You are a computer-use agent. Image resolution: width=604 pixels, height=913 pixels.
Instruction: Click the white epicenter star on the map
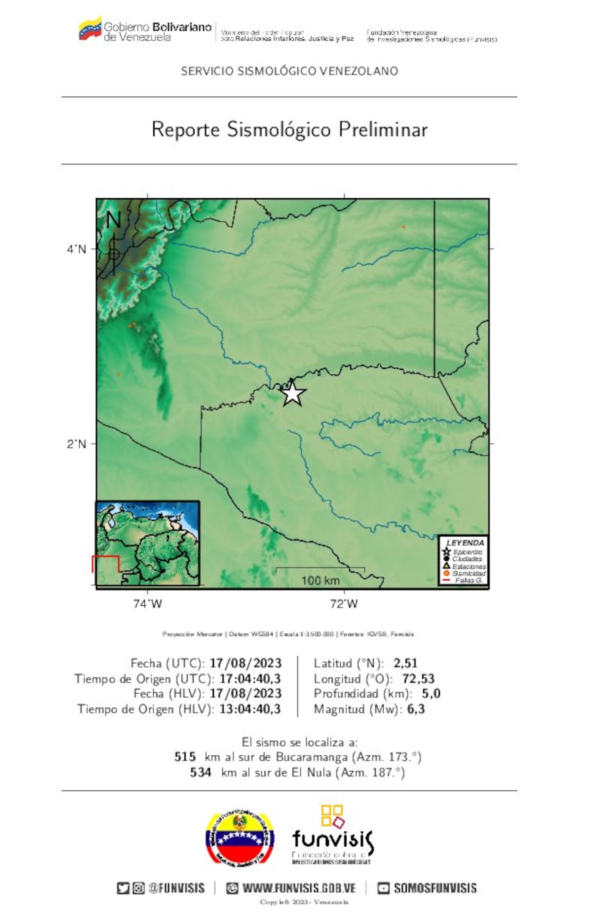click(293, 393)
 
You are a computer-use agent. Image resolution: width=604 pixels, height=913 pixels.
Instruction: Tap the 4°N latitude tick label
click(76, 249)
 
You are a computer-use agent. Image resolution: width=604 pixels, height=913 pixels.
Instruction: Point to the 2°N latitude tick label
click(76, 444)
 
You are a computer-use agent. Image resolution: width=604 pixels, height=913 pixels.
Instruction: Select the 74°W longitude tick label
click(147, 604)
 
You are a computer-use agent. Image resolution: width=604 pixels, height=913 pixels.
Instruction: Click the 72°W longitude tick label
click(344, 604)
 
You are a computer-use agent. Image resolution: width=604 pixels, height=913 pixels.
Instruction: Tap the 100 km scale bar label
click(320, 580)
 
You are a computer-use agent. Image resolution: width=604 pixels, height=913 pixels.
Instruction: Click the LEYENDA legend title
click(465, 543)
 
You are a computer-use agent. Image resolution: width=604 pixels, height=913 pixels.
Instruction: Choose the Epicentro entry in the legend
click(468, 552)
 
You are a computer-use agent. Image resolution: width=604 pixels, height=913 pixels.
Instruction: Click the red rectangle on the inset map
click(106, 564)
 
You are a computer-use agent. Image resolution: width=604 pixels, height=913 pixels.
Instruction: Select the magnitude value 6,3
click(416, 709)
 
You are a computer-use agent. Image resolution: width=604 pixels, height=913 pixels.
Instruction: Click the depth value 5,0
click(431, 693)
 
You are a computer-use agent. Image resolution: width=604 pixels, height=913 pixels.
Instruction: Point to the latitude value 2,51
click(405, 663)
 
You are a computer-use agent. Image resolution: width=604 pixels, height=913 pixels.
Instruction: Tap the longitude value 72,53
click(418, 678)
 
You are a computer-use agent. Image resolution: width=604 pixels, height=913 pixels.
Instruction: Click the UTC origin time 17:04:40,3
click(250, 678)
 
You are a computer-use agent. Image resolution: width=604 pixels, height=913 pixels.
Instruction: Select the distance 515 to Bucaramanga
click(185, 757)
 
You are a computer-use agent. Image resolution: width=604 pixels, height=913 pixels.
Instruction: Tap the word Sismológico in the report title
click(278, 130)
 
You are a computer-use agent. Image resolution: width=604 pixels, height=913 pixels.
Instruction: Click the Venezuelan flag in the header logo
click(90, 29)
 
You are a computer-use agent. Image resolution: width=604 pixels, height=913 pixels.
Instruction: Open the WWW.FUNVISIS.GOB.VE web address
click(299, 888)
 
